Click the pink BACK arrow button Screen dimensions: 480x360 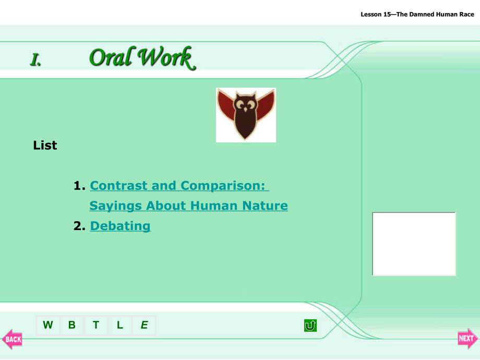12,339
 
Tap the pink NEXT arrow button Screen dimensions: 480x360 467,338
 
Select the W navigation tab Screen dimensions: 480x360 48,325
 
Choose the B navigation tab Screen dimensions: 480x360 72,325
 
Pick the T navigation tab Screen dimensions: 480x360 96,325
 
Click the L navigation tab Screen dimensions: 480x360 119,325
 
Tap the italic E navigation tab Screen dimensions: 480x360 144,325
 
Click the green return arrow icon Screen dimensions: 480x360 310,326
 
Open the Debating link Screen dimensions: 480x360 121,226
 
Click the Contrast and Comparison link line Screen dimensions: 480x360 179,186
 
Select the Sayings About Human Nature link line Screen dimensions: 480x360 188,206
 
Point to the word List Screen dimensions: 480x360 45,146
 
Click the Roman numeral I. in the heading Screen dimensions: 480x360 35,59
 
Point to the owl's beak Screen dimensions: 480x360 245,110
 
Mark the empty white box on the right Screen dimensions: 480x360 414,244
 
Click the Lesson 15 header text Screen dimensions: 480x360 417,15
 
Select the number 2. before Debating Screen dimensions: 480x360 79,226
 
